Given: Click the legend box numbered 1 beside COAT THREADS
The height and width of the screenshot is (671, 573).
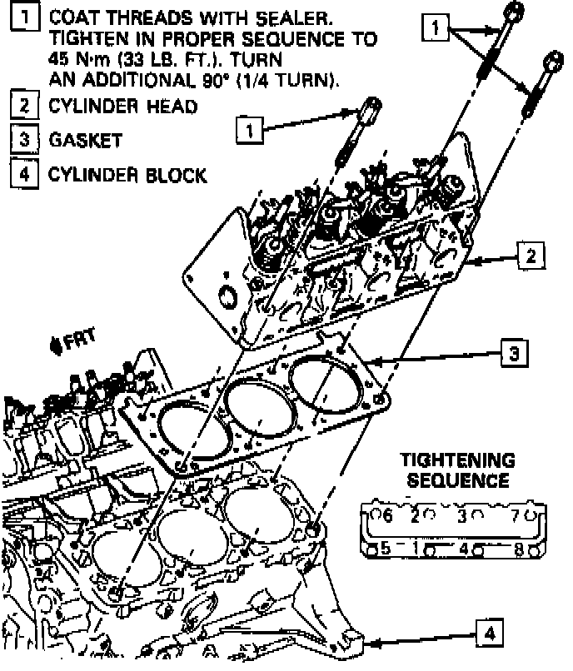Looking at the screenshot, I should [27, 18].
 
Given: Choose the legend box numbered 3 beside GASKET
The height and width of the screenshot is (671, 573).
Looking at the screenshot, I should [27, 140].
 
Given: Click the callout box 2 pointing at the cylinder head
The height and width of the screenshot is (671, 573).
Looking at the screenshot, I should [530, 255].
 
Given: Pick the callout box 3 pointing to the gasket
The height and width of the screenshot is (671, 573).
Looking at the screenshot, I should [513, 354].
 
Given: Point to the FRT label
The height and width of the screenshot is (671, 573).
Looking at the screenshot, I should [77, 340].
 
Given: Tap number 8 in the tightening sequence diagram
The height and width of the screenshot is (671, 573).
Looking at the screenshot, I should [520, 549].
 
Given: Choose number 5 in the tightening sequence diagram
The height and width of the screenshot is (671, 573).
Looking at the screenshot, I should [386, 549].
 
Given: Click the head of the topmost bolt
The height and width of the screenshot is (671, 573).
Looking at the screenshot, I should [515, 11].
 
